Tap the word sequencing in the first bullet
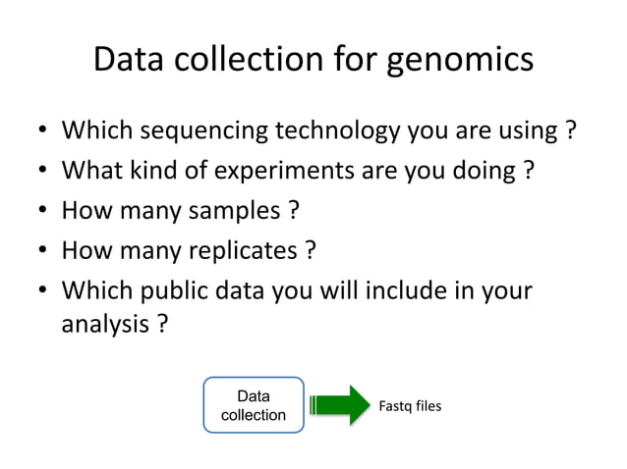(203, 131)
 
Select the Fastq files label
(410, 405)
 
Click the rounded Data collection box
(254, 405)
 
